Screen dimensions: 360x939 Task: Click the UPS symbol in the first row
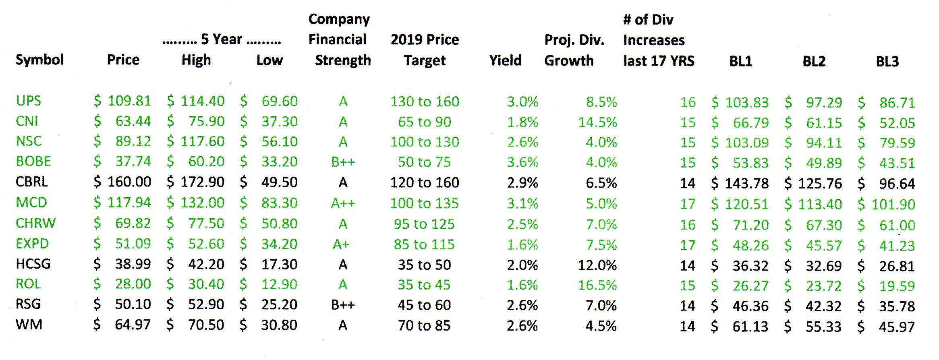tap(29, 101)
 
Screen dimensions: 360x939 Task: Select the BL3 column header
tap(887, 61)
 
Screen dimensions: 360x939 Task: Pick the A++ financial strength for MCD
tap(343, 203)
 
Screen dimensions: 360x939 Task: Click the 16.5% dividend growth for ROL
tap(597, 285)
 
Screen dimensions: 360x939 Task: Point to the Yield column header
tap(505, 60)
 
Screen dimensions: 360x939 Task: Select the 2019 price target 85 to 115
tap(424, 244)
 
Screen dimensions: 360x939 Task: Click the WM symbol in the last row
tap(29, 325)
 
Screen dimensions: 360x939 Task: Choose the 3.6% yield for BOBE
tap(522, 162)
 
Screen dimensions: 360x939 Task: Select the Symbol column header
tap(39, 60)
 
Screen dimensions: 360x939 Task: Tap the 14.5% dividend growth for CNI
tap(597, 122)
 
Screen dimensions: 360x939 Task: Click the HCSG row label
tap(33, 264)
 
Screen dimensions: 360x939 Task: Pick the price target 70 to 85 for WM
tap(424, 325)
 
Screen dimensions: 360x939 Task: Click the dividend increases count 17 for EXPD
tap(688, 245)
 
